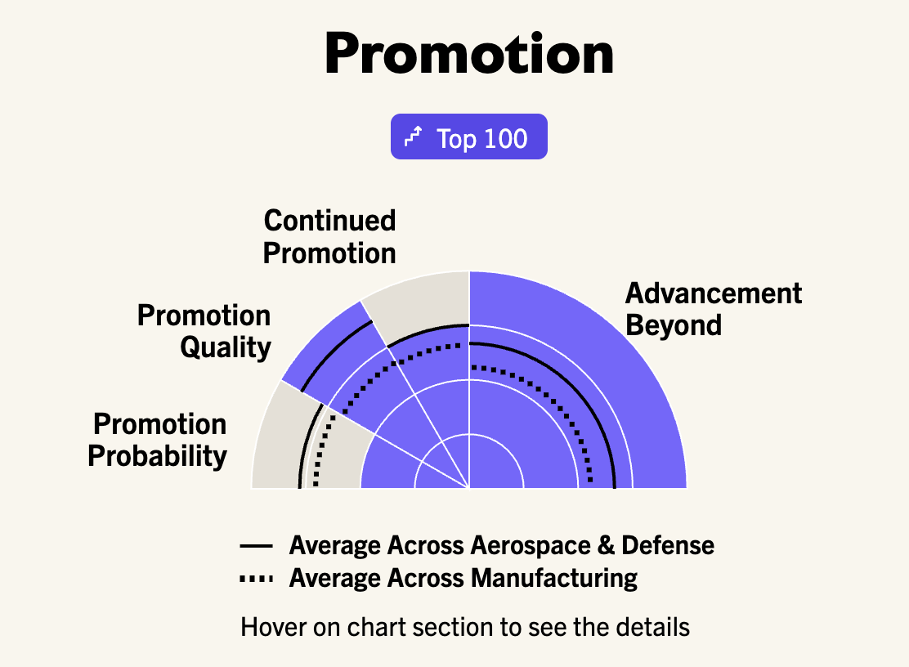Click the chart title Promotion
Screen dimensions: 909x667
469,54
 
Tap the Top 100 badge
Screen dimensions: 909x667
469,137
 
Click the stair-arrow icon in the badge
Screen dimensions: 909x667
414,137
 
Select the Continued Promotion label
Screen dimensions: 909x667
329,237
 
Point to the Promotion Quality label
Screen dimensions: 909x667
204,332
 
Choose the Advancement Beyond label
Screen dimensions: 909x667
714,309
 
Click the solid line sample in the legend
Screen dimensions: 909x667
256,546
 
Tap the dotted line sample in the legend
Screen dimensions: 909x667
256,579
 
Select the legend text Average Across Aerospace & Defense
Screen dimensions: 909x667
501,545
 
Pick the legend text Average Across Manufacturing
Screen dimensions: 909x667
463,579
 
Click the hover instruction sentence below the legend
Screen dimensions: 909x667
465,627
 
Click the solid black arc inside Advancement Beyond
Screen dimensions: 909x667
573,385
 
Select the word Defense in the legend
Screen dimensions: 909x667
668,545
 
